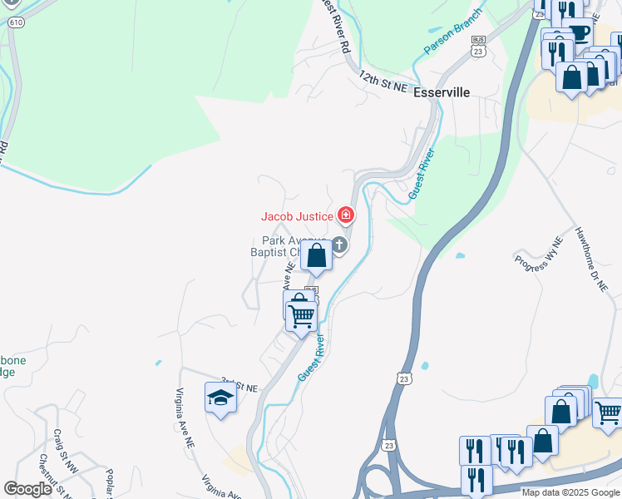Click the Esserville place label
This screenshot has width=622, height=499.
pyautogui.click(x=442, y=93)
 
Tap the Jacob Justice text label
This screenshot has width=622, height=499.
pyautogui.click(x=298, y=216)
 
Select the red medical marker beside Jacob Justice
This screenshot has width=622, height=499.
pyautogui.click(x=345, y=216)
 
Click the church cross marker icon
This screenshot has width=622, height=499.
pyautogui.click(x=339, y=245)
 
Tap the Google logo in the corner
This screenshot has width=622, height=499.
pyautogui.click(x=27, y=489)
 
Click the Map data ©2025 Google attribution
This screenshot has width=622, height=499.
pyautogui.click(x=570, y=492)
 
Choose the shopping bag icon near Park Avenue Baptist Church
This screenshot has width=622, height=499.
pyautogui.click(x=317, y=255)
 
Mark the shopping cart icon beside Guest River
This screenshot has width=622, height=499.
pyautogui.click(x=301, y=314)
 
